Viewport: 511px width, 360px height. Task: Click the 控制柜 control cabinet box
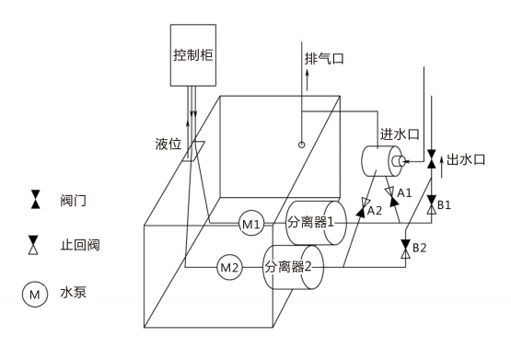point(192,54)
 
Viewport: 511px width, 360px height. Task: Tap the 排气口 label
point(324,58)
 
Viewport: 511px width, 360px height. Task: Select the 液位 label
point(168,145)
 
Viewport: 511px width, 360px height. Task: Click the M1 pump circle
point(252,223)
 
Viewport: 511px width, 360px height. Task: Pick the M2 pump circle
point(229,268)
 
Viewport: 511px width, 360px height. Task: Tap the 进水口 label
point(400,134)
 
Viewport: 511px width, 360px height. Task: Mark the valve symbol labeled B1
point(431,204)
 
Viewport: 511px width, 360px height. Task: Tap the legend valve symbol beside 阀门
point(35,198)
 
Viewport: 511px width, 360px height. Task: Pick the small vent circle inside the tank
point(301,144)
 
